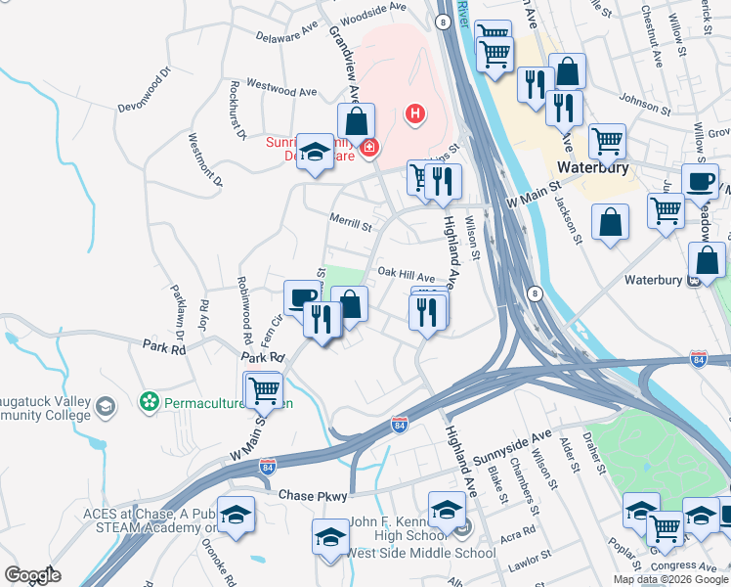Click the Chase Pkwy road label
coord(313,497)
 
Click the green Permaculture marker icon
coord(149,402)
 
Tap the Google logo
coord(32,575)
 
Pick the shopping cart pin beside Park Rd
coord(263,388)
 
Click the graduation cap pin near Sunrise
coord(315,151)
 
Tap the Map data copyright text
coord(670,579)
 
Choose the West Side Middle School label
coord(422,554)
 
